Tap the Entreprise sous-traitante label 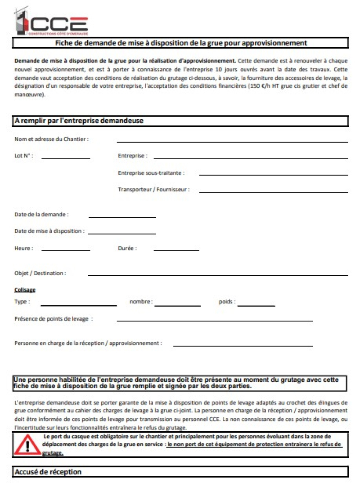tap(151, 173)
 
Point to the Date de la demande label tap(41, 215)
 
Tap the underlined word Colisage tap(25, 290)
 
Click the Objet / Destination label tap(40, 273)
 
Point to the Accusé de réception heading tap(48, 472)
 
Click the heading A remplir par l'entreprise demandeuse tap(79, 121)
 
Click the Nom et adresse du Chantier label tap(51, 139)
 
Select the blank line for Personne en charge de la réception tap(243, 345)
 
